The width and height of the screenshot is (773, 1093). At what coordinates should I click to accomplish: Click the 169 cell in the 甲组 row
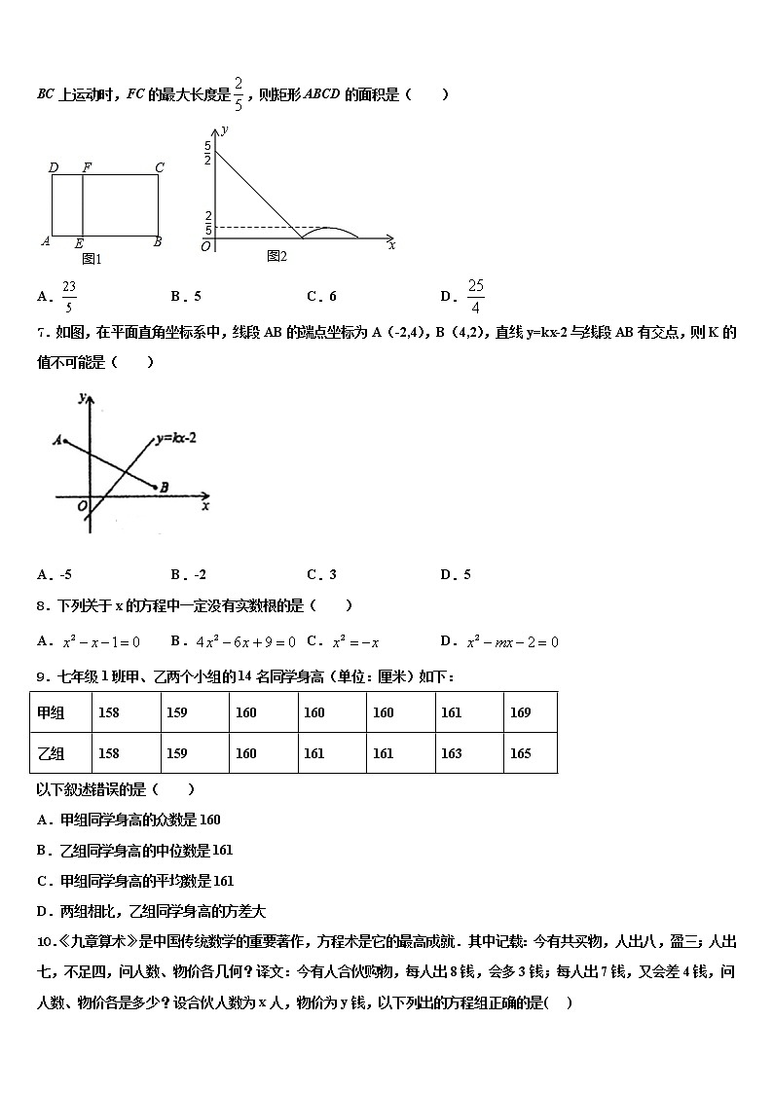pyautogui.click(x=520, y=712)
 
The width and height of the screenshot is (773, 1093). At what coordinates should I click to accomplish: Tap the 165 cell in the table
pyautogui.click(x=520, y=753)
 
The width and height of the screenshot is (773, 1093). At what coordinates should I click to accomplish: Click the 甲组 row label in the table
pyautogui.click(x=51, y=712)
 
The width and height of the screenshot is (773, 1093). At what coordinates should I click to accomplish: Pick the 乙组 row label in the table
pyautogui.click(x=51, y=753)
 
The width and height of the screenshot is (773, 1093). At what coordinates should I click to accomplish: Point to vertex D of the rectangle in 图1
pyautogui.click(x=54, y=167)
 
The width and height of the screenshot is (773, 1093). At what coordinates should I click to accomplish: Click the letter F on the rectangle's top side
pyautogui.click(x=87, y=167)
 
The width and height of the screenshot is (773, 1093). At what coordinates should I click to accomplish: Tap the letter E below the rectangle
pyautogui.click(x=79, y=243)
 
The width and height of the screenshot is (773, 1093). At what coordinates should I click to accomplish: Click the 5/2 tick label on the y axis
pyautogui.click(x=207, y=153)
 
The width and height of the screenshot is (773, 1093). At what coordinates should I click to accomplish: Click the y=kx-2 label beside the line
pyautogui.click(x=176, y=439)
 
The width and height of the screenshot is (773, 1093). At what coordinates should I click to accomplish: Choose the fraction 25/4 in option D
pyautogui.click(x=475, y=296)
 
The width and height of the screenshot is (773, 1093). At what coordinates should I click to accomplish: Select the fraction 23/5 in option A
pyautogui.click(x=69, y=296)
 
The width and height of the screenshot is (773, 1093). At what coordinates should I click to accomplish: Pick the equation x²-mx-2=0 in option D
pyautogui.click(x=512, y=641)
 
